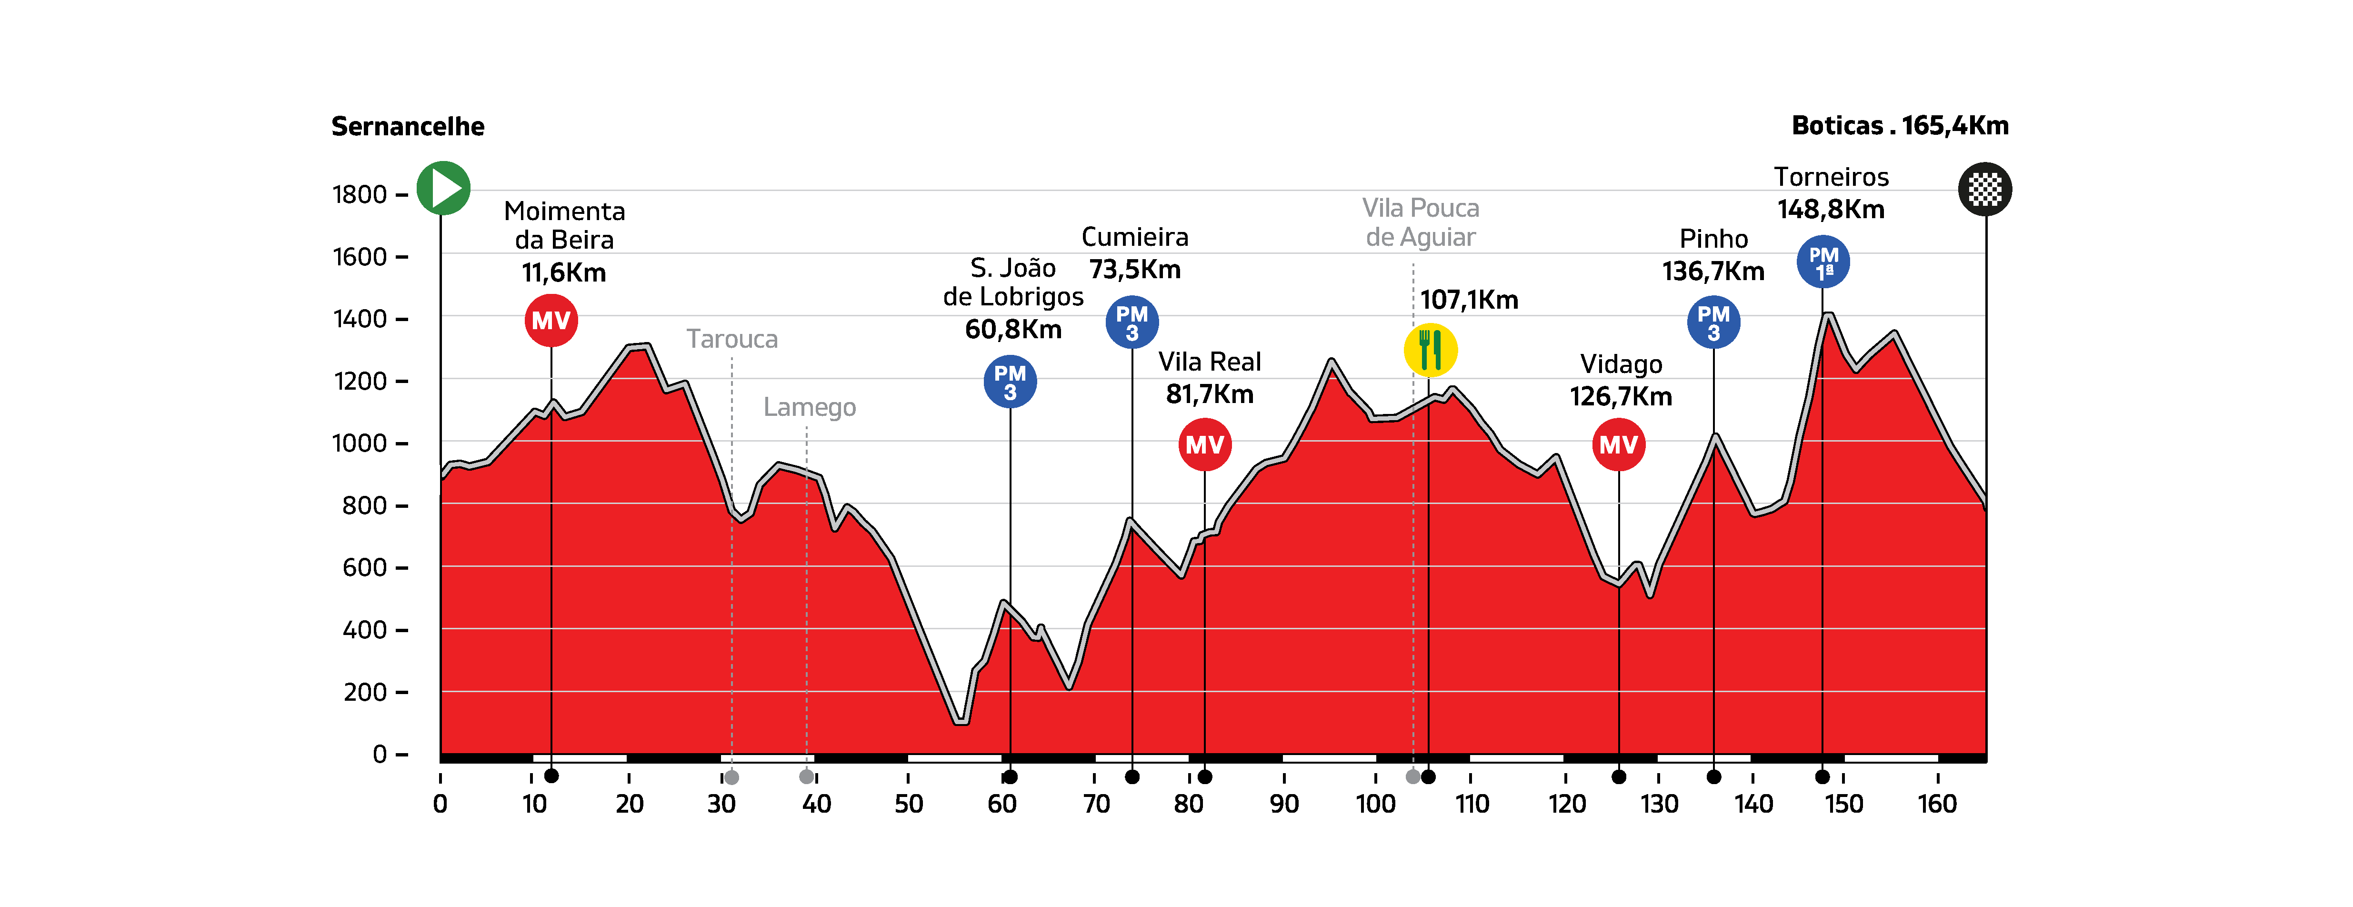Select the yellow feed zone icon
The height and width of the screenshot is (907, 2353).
1430,350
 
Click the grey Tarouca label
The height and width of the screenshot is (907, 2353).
731,339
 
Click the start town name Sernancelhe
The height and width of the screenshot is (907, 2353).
407,126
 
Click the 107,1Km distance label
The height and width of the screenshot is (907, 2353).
1469,300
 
